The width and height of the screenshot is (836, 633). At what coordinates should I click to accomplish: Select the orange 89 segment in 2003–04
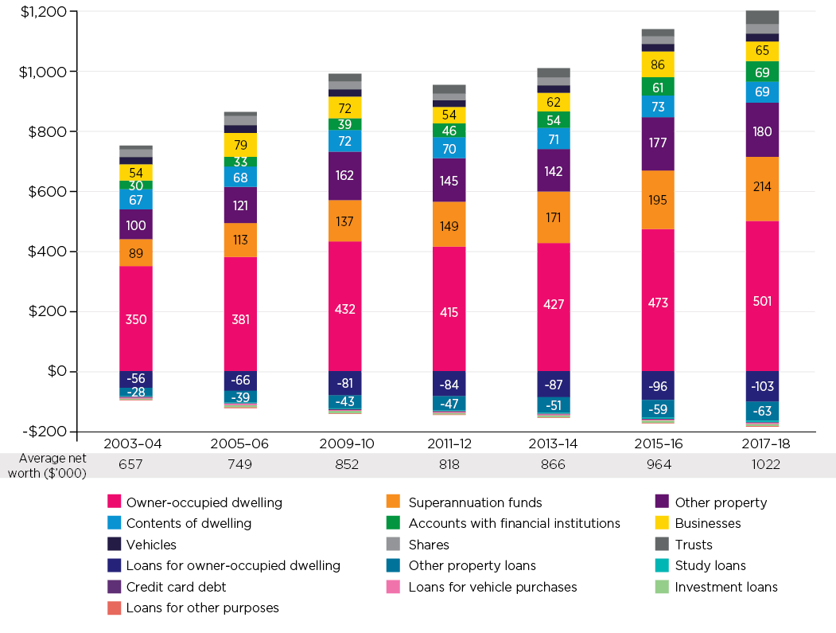pyautogui.click(x=135, y=253)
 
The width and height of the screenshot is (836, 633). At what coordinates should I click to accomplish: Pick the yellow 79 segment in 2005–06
pyautogui.click(x=239, y=144)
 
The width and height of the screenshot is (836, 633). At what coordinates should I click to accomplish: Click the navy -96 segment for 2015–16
pyautogui.click(x=657, y=386)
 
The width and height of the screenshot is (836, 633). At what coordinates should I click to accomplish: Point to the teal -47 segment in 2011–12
pyautogui.click(x=449, y=404)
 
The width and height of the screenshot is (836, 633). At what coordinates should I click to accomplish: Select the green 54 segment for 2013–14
pyautogui.click(x=553, y=120)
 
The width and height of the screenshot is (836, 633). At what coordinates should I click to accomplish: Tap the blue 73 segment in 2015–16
pyautogui.click(x=657, y=107)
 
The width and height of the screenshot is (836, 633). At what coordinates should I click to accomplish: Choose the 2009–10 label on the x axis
pyautogui.click(x=344, y=442)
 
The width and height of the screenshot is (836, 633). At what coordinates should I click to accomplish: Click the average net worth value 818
pyautogui.click(x=449, y=464)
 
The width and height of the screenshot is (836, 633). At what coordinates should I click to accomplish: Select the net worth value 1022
pyautogui.click(x=761, y=464)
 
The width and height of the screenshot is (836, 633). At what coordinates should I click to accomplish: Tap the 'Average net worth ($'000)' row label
pyautogui.click(x=52, y=465)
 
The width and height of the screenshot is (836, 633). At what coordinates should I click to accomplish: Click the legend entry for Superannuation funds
pyautogui.click(x=475, y=502)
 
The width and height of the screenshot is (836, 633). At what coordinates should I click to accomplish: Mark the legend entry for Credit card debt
pyautogui.click(x=176, y=587)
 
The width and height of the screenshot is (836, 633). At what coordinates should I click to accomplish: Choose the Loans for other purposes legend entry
pyautogui.click(x=202, y=608)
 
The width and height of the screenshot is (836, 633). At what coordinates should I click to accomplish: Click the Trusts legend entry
pyautogui.click(x=693, y=545)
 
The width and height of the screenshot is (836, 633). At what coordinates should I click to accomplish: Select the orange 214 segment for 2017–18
pyautogui.click(x=761, y=187)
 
